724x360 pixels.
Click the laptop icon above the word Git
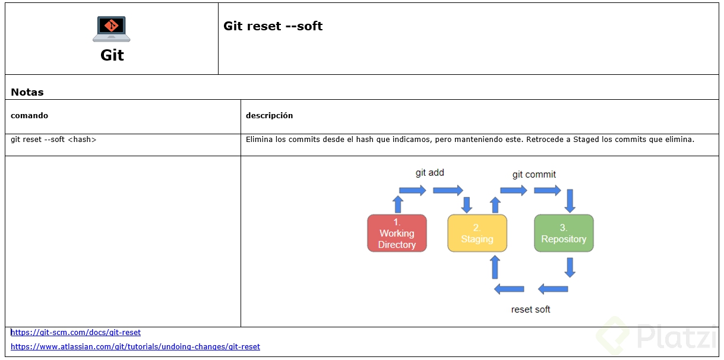[112, 29]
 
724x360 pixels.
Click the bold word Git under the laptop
[112, 55]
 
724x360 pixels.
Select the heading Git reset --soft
[273, 26]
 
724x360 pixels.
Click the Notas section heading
[27, 92]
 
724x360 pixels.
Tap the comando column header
[29, 115]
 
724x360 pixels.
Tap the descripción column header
[269, 115]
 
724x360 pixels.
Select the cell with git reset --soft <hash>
[53, 140]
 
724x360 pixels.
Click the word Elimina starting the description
[259, 140]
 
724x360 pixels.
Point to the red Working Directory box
[397, 233]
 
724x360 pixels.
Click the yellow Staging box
[477, 233]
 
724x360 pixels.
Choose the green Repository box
[564, 233]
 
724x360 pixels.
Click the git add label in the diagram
[429, 173]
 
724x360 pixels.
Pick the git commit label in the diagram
[534, 174]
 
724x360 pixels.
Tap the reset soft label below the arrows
[530, 310]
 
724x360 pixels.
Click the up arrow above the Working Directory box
[398, 204]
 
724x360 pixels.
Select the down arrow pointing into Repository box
[570, 201]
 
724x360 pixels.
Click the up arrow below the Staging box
[495, 267]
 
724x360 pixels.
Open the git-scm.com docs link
[76, 333]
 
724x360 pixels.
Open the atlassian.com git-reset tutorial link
[135, 346]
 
